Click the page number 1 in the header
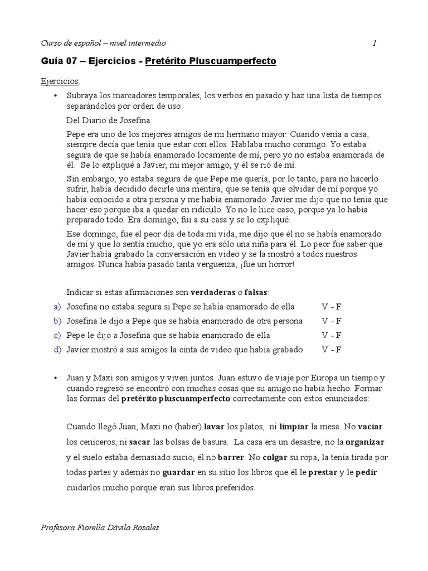(374, 43)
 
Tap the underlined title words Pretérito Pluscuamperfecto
(210, 61)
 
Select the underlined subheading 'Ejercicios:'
(61, 81)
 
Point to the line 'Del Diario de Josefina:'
(109, 120)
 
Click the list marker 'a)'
(56, 307)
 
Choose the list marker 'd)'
(56, 350)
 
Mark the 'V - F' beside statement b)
(332, 321)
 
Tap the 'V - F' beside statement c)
(332, 335)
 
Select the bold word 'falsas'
(256, 292)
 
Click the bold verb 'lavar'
(214, 427)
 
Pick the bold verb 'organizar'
(364, 442)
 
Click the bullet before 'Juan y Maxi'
(56, 378)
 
